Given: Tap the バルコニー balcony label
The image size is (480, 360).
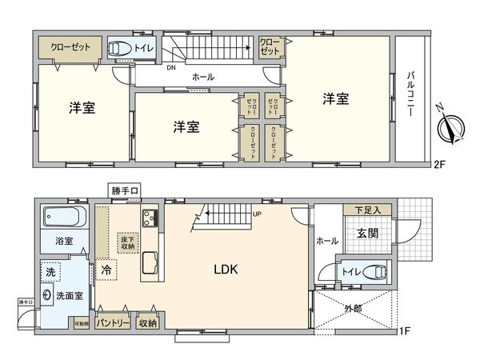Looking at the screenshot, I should pos(410,95).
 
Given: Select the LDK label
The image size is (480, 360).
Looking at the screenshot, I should pos(225,270).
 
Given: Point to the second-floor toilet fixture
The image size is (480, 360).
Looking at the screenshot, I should pos(120,49).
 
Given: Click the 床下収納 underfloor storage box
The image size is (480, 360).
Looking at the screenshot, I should pos(130,243).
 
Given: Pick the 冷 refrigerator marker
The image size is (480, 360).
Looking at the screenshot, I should pos(106,270).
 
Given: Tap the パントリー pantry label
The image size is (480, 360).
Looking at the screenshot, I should pos(110,323).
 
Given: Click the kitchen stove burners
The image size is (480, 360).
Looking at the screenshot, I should pos(150,216).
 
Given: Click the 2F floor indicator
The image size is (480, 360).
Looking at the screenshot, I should pos(438,166).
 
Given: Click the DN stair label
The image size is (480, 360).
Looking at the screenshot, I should pos(170,67).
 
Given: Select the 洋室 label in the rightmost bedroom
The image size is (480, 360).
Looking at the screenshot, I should pos(336,99).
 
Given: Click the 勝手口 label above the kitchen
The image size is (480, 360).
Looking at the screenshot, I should pos(126,190).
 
